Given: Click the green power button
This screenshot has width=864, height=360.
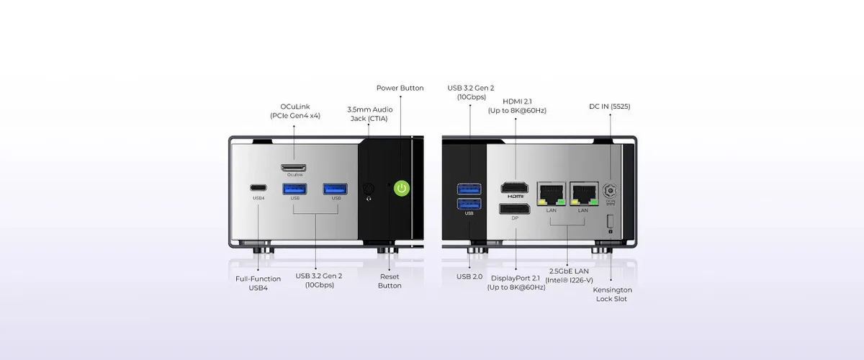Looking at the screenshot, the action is [x=402, y=188].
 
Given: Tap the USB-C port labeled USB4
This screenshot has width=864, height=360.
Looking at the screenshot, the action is [x=258, y=188].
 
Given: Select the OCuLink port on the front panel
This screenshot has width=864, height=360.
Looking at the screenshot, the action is [x=294, y=168].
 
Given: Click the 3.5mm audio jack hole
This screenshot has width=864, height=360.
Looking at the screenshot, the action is [x=369, y=189].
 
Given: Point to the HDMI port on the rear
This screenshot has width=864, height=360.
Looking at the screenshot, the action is [x=515, y=187].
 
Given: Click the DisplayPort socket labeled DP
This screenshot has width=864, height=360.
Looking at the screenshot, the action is [x=515, y=209].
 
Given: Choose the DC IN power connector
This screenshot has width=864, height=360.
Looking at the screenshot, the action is [x=610, y=191].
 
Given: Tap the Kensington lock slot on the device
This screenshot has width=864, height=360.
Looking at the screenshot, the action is [x=610, y=222].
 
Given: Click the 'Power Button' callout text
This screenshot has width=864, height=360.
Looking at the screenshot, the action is [x=400, y=88].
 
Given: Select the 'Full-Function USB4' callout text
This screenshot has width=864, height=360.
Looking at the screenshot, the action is [x=258, y=283].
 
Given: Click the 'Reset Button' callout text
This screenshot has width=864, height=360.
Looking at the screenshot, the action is [x=390, y=281].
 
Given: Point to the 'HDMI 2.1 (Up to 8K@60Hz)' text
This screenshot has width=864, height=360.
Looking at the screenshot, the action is [x=517, y=106].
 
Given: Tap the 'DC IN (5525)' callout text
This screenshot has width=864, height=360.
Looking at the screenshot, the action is [x=609, y=107].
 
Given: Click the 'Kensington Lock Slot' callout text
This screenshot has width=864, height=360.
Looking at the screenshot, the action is [x=612, y=294].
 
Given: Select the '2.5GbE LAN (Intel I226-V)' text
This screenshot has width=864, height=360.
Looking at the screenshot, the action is [x=569, y=276].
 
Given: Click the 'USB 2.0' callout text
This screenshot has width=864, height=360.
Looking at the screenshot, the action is [x=469, y=276].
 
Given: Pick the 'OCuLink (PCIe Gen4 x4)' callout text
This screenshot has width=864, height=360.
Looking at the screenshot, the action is [x=295, y=111].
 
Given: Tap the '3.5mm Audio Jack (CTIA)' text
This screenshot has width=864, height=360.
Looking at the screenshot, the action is [x=369, y=114].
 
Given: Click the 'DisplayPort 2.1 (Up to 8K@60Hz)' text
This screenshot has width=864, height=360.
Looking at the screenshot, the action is [x=516, y=283].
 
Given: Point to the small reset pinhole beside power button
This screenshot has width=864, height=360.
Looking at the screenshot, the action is [x=388, y=185].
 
